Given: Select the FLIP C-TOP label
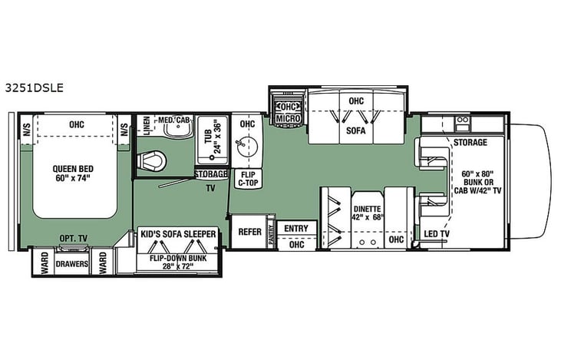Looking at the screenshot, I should pyautogui.click(x=246, y=179).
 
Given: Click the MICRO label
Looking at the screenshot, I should pyautogui.click(x=288, y=119).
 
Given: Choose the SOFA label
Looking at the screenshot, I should pyautogui.click(x=355, y=130).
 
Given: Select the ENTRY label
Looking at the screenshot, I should pyautogui.click(x=295, y=228).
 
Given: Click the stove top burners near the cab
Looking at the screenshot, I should pyautogui.click(x=463, y=121).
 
